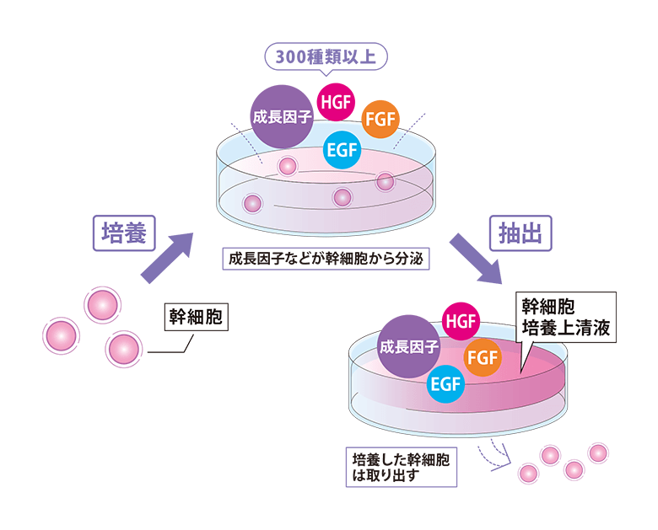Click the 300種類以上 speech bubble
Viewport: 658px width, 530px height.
[326, 58]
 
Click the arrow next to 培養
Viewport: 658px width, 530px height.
[165, 258]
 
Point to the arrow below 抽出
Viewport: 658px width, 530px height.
[475, 258]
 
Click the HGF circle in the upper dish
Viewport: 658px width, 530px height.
[336, 104]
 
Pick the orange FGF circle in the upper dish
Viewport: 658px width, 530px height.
[382, 120]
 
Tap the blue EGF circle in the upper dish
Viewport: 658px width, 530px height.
[342, 152]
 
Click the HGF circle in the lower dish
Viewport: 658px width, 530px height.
[461, 322]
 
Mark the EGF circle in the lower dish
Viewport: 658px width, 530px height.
[446, 384]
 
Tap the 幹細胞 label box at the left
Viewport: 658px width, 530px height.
[197, 317]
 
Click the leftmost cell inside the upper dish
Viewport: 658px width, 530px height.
[251, 203]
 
